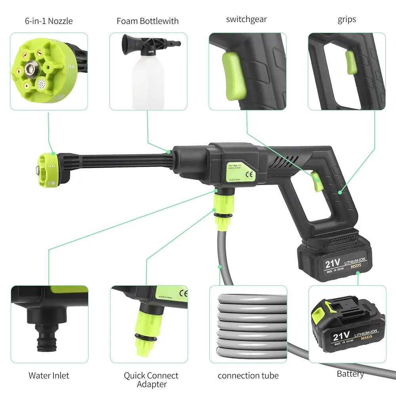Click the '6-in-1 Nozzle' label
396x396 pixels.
coord(48,21)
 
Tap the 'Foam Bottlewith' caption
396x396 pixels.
coord(147,21)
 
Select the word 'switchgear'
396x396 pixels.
coord(247,19)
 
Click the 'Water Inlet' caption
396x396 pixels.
coord(49,375)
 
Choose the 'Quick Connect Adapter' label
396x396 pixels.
coord(151,379)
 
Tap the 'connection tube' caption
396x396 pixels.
coord(248,375)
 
